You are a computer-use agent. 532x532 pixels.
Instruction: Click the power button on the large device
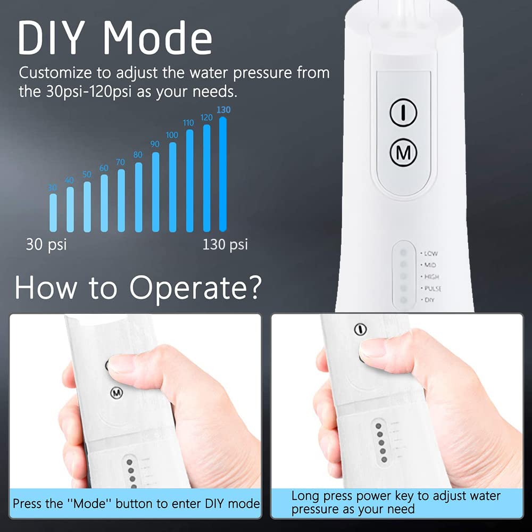tap(403, 112)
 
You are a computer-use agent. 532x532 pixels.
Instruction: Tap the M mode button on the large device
tap(403, 153)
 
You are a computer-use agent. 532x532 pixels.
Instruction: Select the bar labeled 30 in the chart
tap(53, 213)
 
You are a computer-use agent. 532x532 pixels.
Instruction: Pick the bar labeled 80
tap(138, 197)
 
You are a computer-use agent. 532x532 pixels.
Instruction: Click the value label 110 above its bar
tap(188, 123)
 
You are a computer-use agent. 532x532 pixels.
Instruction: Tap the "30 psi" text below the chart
tap(46, 245)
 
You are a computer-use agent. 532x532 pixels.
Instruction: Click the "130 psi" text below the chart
tap(225, 245)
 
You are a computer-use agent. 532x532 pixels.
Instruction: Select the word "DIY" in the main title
tap(54, 38)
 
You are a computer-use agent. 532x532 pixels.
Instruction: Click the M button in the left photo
tap(116, 393)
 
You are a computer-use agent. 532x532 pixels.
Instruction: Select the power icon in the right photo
tap(361, 329)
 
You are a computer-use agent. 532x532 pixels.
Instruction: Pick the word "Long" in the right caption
tap(305, 496)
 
